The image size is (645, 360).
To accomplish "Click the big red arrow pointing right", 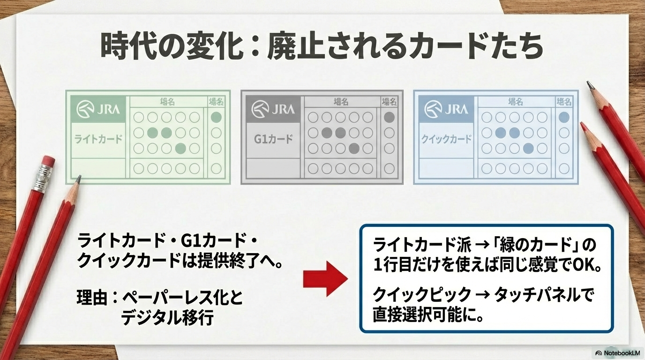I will pyautogui.click(x=325, y=278).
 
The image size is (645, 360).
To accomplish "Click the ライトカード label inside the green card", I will pyautogui.click(x=98, y=139).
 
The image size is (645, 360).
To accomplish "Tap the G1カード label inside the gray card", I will pyautogui.click(x=273, y=139).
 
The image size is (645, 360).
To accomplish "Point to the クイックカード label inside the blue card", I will pyautogui.click(x=446, y=139).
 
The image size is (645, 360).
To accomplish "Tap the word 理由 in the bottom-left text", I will pyautogui.click(x=92, y=298).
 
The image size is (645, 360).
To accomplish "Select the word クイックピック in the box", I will pyautogui.click(x=422, y=295).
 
